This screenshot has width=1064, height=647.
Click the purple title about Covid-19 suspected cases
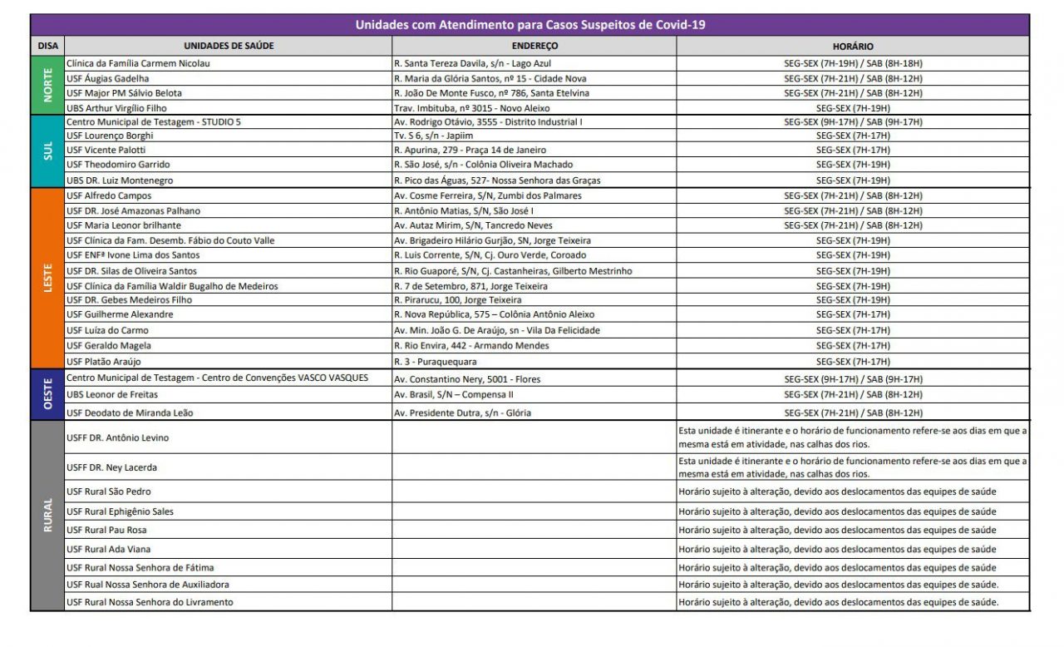click(530, 25)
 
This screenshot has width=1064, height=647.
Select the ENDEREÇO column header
click(534, 47)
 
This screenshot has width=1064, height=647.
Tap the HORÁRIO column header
click(853, 47)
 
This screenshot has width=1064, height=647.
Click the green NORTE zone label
click(47, 86)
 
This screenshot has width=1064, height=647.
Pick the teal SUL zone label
click(47, 151)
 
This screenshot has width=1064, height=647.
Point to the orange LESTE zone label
click(47, 278)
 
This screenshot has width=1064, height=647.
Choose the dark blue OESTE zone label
click(47, 395)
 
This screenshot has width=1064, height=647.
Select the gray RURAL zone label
click(47, 516)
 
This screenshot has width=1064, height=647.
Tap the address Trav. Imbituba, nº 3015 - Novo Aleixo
click(471, 108)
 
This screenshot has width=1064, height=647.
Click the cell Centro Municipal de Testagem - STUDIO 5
click(154, 121)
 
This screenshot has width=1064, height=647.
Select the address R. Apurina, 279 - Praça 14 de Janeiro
click(470, 150)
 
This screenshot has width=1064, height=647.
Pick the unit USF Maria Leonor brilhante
click(123, 225)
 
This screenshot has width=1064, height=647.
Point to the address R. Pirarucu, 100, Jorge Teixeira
click(458, 299)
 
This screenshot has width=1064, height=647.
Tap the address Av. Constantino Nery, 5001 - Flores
click(467, 379)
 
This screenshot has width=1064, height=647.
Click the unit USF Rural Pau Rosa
click(107, 530)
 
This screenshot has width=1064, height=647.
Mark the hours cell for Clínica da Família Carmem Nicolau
click(853, 63)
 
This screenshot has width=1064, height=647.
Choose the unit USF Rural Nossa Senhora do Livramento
click(150, 602)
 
